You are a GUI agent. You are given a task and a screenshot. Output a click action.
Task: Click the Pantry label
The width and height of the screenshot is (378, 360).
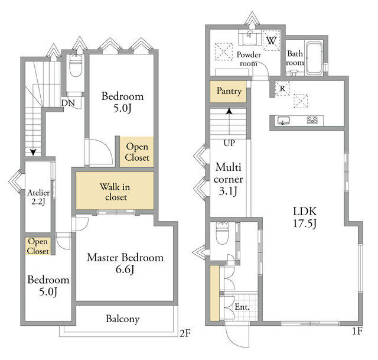(x=229, y=91)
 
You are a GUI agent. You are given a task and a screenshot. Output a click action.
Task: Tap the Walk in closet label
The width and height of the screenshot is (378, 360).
(x=115, y=192)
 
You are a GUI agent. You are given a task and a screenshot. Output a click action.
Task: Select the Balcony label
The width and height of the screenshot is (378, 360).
(x=123, y=319)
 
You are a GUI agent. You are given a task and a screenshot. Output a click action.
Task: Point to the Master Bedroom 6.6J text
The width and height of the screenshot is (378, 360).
(x=125, y=263)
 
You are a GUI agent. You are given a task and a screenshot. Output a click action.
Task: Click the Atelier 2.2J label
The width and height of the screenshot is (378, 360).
(x=38, y=197)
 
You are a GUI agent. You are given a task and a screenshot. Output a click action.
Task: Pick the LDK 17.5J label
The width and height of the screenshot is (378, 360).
(x=305, y=217)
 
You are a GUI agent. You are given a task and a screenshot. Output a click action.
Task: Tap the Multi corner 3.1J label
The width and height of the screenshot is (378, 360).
(x=228, y=179)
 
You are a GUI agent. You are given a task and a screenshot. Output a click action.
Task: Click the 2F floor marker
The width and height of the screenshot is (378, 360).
(x=185, y=333)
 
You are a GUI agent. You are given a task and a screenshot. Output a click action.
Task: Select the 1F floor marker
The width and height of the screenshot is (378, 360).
(x=357, y=331)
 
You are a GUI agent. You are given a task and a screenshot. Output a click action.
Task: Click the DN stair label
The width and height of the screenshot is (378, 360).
(x=68, y=103)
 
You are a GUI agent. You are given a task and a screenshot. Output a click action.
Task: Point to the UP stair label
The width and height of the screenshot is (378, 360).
(x=229, y=143)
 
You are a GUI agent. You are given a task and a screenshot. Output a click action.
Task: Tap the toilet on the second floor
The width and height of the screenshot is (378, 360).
(x=76, y=66)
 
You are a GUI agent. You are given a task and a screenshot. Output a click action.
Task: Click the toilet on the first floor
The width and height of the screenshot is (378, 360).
(x=222, y=233)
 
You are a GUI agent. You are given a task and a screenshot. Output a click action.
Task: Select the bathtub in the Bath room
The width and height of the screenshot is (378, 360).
(x=314, y=59)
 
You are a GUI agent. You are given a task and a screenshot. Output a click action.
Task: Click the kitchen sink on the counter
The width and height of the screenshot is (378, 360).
(x=283, y=120)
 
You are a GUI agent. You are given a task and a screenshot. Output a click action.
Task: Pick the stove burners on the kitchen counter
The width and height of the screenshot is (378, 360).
(x=312, y=120)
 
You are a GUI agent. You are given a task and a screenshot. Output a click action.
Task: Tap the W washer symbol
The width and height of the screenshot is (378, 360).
(x=271, y=40)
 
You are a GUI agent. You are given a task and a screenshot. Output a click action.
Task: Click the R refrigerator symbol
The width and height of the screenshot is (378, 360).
(x=282, y=89)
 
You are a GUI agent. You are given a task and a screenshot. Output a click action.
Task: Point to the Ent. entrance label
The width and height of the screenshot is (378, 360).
(x=242, y=307)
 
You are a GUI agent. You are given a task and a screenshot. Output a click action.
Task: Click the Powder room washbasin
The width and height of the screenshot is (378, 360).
(x=250, y=38)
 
